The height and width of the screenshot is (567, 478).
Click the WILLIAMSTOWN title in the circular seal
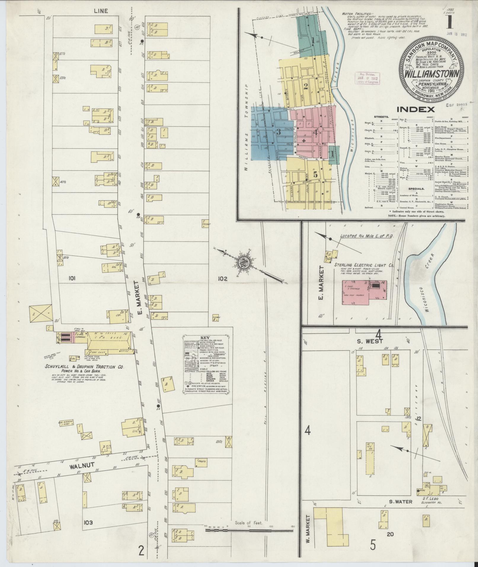point(433,73)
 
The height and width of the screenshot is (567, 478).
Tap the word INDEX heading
point(416,109)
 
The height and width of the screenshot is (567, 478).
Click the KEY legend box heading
point(205,338)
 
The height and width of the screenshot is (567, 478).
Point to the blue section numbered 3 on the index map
point(278,132)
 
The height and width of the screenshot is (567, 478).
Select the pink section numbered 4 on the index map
point(316,133)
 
